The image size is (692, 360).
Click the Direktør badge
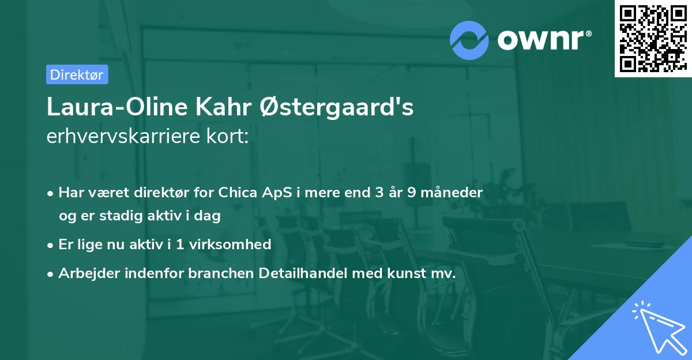[77, 74]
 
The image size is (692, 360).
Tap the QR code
[653, 38]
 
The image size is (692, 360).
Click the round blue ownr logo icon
[469, 40]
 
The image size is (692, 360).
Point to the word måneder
[453, 192]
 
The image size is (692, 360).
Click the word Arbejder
[86, 273]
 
